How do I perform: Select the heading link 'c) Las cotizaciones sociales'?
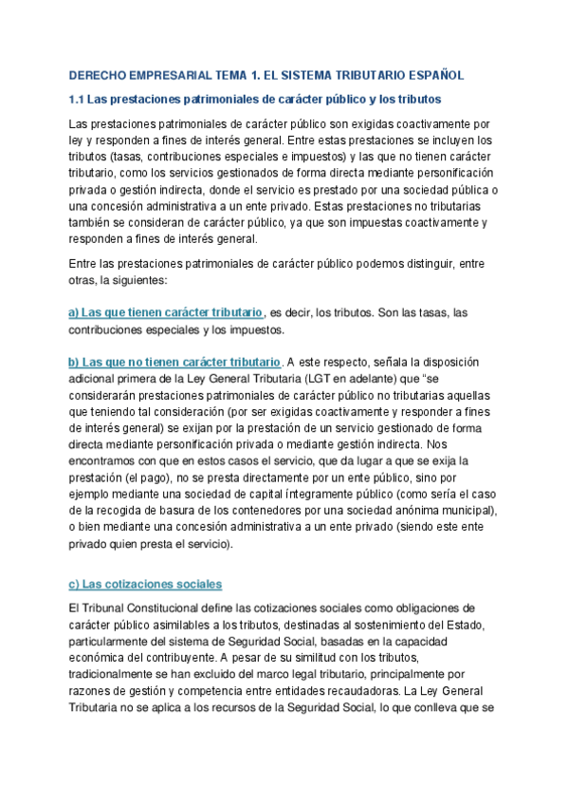click(x=145, y=584)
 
